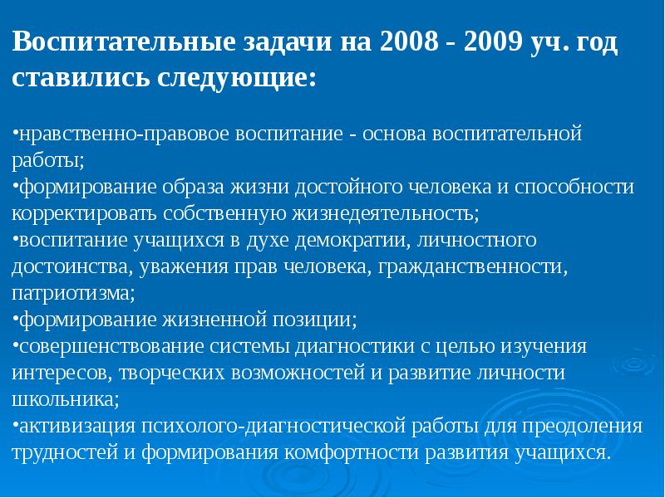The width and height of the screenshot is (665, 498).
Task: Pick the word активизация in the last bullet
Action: [68, 427]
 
